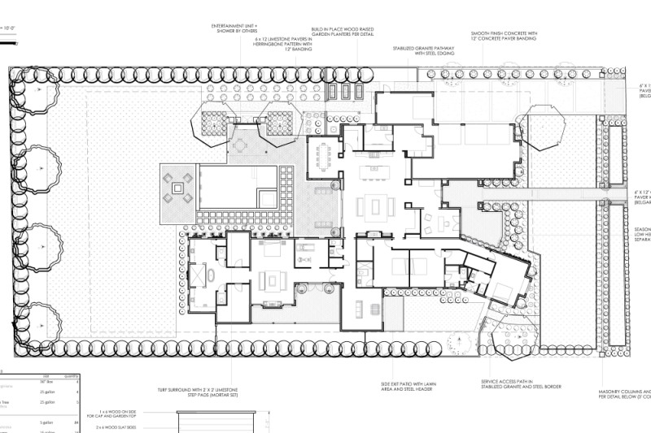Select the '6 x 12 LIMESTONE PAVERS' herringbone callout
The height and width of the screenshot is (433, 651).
point(283,43)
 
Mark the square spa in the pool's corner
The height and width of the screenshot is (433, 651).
point(266,197)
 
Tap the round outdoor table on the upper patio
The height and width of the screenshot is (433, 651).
point(242,145)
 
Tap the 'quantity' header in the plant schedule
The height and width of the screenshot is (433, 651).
point(71,375)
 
